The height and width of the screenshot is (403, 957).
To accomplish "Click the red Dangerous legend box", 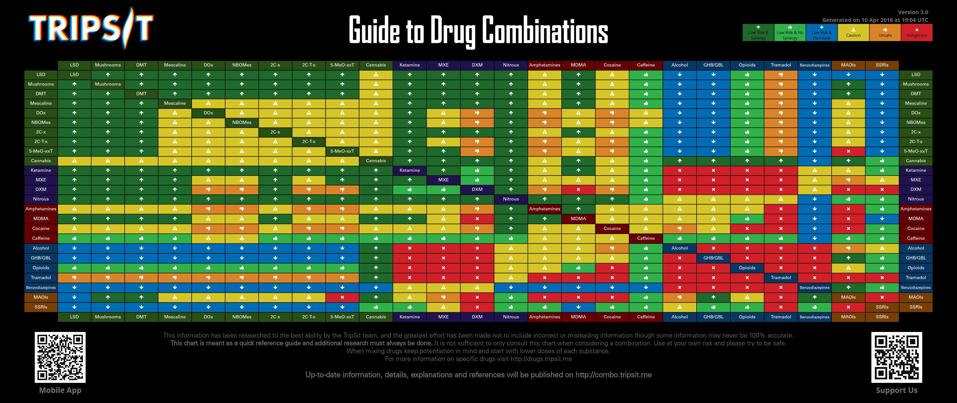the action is (x=916, y=33).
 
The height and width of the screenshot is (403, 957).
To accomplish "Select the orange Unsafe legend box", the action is (x=885, y=33).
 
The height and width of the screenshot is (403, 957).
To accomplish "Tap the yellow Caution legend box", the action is (x=853, y=33).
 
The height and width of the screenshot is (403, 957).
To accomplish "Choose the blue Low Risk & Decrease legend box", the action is (x=822, y=33).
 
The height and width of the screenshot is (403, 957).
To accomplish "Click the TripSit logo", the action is (x=91, y=28).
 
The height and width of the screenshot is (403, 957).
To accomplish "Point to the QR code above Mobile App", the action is (x=60, y=357).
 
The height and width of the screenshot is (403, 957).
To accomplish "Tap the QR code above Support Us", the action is (x=897, y=357).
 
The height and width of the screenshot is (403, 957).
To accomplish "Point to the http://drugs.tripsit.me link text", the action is (x=541, y=359).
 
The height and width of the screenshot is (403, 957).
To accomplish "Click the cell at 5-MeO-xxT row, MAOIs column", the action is (x=848, y=151).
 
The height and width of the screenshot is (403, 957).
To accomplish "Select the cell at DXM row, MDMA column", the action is (x=578, y=189).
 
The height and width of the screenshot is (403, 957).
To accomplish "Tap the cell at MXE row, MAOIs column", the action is (x=848, y=180).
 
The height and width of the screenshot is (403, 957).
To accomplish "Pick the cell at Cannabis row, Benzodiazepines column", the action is (x=815, y=161).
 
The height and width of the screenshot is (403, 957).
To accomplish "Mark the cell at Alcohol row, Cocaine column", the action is (x=612, y=248).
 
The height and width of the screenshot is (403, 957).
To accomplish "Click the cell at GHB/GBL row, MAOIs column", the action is (x=848, y=258).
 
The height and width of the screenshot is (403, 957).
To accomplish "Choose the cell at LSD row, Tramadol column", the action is (x=781, y=75).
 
